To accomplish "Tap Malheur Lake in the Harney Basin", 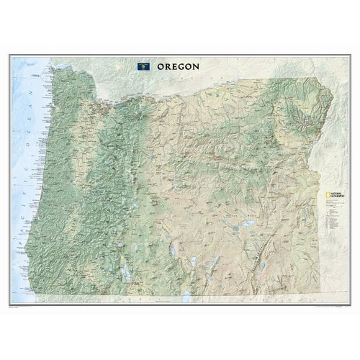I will [243, 209].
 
